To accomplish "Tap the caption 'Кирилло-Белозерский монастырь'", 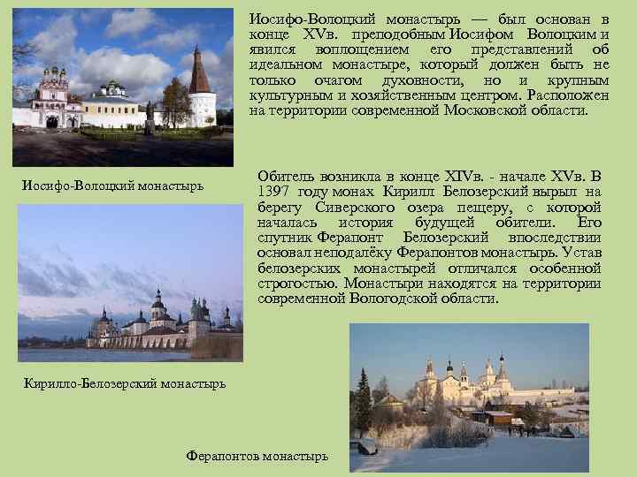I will point(112,382).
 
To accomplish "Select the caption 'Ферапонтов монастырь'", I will point(257,456).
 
